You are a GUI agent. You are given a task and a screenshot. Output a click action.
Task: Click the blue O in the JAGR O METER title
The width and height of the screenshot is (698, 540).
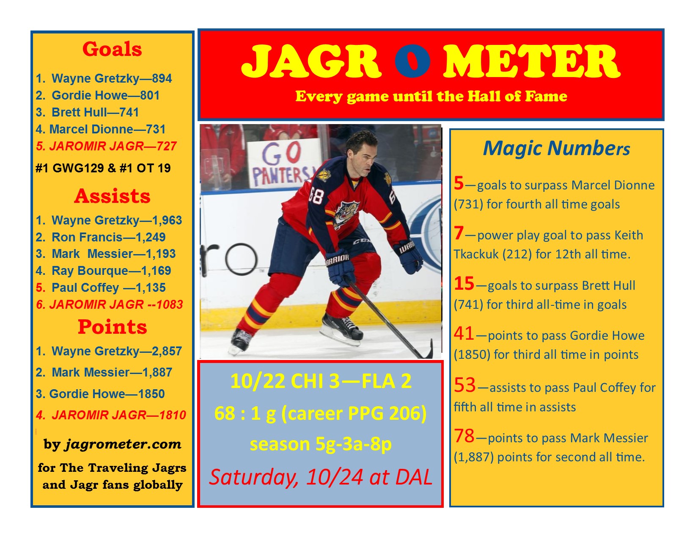pos(412,61)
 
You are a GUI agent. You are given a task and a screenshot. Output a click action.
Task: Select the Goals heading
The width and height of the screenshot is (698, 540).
pos(112,49)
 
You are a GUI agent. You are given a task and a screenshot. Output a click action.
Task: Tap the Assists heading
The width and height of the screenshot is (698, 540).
pos(112,196)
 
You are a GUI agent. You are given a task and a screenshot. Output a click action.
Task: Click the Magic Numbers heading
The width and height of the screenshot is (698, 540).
pos(556,148)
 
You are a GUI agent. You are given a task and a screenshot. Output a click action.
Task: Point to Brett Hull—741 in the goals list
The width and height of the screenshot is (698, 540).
pos(88,112)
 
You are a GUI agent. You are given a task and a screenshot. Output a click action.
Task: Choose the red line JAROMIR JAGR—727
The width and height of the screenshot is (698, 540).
pos(106,146)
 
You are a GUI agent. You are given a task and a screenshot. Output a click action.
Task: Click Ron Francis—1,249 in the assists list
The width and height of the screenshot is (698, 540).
pos(101,237)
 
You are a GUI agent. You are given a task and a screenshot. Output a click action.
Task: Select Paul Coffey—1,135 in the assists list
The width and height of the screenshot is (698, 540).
pos(101,288)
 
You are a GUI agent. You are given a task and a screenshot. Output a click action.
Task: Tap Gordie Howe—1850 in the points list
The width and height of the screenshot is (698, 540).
pos(100,393)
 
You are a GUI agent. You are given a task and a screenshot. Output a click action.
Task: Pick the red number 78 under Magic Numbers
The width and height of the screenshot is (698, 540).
pos(464,436)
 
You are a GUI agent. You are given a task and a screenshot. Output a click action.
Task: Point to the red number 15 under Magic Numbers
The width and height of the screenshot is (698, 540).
pos(464,283)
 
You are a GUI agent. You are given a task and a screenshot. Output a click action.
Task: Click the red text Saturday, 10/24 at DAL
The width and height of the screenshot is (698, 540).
pos(321,477)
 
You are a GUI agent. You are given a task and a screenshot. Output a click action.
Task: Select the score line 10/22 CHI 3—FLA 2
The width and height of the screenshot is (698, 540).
pos(321,382)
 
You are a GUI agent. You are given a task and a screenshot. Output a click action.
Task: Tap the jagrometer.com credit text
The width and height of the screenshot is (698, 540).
pos(113,444)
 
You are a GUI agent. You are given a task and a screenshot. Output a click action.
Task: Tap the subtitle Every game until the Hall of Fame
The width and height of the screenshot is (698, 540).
pos(431,96)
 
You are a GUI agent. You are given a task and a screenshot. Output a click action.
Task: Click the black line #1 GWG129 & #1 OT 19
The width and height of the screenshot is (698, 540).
pos(103,168)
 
